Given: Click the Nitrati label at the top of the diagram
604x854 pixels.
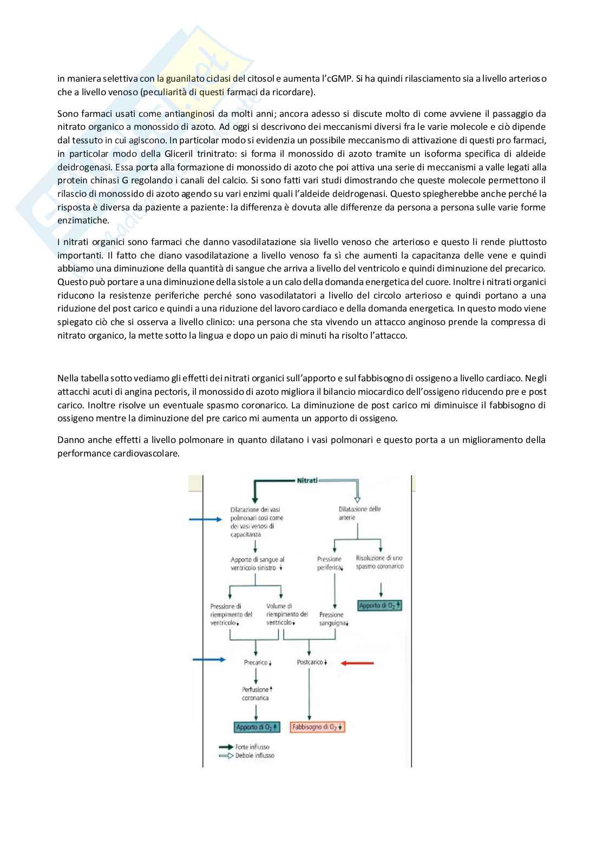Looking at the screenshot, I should point(307,480).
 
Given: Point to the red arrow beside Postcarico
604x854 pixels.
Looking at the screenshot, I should point(357,663).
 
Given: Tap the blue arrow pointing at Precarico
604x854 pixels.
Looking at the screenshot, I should point(209,659).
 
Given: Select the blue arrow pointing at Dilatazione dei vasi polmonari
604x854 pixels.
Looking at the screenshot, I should point(205,520).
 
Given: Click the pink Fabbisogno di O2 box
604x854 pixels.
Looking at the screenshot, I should point(318,727).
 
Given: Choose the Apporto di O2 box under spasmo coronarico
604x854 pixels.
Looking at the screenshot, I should point(380,606).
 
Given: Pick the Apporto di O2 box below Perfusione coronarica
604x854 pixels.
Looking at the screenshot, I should point(257,727).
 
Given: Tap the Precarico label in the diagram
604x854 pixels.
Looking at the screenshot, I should point(257,663).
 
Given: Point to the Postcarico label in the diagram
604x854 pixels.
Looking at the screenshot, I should point(311,663).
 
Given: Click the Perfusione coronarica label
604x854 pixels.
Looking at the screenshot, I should point(255,694).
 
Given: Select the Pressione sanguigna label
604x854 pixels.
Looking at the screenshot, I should point(332,619).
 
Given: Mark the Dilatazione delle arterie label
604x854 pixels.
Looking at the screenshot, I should point(359,513).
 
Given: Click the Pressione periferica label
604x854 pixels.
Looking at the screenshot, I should point(330,563).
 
